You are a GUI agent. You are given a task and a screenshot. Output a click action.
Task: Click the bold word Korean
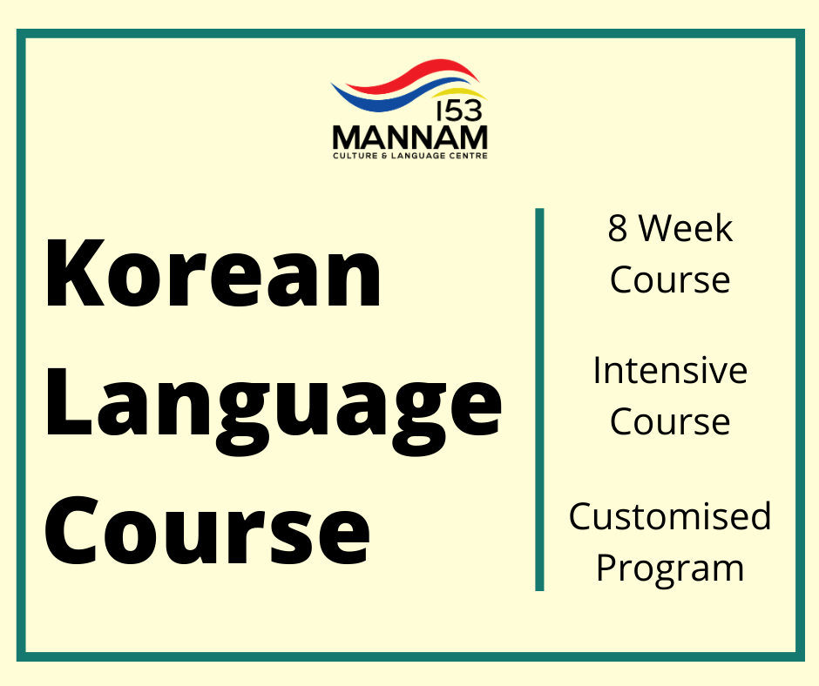(x=213, y=272)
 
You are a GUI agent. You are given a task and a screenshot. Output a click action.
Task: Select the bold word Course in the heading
(x=206, y=530)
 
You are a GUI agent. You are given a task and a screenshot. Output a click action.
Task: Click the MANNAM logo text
(x=410, y=138)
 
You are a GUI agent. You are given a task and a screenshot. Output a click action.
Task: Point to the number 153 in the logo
(x=459, y=111)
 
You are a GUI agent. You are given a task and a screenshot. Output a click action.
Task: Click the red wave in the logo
(x=413, y=74)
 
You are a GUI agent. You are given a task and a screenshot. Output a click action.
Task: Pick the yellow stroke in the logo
(x=460, y=94)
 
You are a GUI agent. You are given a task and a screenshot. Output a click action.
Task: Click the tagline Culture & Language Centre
(x=410, y=156)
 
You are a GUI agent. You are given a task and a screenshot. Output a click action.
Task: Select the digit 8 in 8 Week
(x=617, y=229)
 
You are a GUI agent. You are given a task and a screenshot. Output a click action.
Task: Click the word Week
(x=687, y=229)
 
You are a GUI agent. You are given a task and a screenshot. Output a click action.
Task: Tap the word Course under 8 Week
(x=670, y=280)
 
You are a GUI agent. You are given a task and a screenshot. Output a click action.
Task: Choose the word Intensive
(x=670, y=371)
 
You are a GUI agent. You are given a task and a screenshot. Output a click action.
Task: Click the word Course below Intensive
(x=670, y=422)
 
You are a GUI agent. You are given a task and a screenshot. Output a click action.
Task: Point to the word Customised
(x=670, y=516)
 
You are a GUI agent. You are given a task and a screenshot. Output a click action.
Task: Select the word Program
(x=670, y=568)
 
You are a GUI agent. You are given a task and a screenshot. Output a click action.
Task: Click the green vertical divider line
(x=539, y=400)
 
